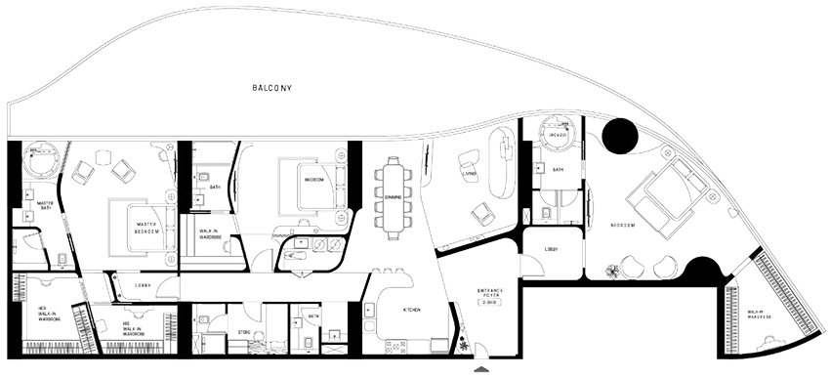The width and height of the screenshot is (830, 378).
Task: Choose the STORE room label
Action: click(x=243, y=333)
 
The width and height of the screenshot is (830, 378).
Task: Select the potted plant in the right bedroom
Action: click(x=611, y=272)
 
